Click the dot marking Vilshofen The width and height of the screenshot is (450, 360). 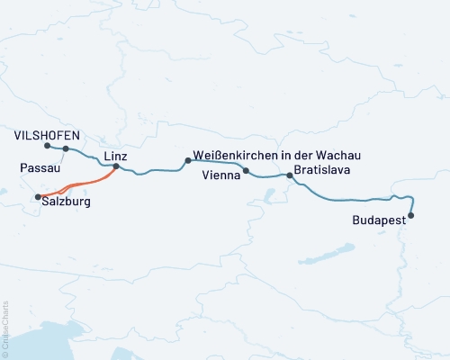point(46,145)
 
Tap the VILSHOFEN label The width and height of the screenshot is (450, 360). point(48,135)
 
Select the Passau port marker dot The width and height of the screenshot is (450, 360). point(66,148)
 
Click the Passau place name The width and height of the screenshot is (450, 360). point(39,168)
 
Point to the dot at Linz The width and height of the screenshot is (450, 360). point(115,166)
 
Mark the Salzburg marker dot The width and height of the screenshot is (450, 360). point(37,197)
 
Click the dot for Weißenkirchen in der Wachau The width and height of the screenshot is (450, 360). point(187,160)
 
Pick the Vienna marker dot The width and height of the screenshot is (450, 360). point(246,170)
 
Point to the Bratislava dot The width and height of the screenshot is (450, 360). point(289,175)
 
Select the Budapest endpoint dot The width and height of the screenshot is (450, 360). point(411,215)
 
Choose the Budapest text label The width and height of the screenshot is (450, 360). point(379,219)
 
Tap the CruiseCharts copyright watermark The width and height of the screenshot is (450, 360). point(5,328)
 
